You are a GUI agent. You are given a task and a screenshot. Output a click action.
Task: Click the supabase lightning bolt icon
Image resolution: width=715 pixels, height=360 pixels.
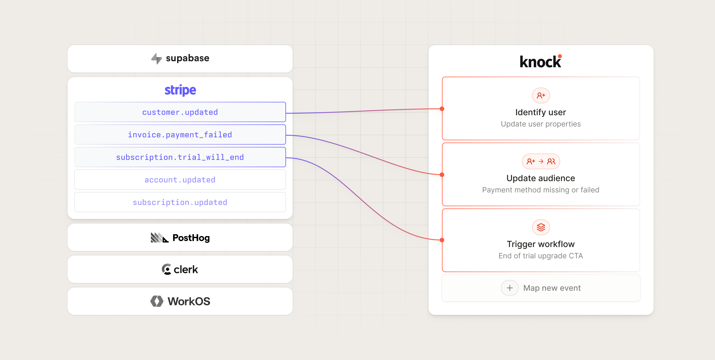coord(157,59)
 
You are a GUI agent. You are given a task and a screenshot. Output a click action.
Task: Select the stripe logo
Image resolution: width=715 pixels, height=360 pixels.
coord(180,90)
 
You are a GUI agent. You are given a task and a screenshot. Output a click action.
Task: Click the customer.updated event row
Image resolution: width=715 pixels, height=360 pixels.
coord(180,112)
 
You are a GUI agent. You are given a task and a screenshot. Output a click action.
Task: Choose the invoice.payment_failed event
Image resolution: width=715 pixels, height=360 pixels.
coord(180,135)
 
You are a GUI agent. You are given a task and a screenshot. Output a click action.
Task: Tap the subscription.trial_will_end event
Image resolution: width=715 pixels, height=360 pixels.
coord(180,157)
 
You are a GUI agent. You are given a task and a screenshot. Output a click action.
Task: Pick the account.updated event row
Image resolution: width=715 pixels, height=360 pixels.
coord(180,180)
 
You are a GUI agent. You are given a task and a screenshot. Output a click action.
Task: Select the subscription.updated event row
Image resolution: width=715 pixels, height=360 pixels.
coord(180,202)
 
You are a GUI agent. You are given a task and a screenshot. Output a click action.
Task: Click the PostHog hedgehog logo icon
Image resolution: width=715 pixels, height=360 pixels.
coord(160,238)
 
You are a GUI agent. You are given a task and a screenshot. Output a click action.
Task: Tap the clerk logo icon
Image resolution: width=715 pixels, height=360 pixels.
coord(166,269)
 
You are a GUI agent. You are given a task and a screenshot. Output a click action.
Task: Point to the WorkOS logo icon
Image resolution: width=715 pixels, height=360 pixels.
coord(157,301)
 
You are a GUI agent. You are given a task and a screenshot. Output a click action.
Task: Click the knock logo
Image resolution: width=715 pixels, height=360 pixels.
coord(541,61)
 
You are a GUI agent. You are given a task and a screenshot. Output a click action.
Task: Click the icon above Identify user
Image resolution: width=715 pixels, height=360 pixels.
coord(541,96)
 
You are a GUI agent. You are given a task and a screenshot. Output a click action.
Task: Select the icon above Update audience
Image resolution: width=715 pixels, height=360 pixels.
coord(541,161)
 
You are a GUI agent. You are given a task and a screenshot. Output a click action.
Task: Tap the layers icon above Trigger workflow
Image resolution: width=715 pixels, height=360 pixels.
coord(541,227)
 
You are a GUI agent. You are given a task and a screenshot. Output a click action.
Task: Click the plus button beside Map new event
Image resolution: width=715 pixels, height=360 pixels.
coord(510,288)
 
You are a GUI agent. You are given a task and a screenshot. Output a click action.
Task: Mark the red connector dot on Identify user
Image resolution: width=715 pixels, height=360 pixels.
coord(442,109)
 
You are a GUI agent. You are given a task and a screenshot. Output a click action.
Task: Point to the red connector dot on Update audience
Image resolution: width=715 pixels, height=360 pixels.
coord(442,175)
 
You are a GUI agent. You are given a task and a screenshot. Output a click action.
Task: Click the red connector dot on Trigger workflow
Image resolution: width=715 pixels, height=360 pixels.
coord(442,240)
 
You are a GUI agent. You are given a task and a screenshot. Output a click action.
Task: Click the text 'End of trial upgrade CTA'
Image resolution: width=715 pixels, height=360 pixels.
coord(541,256)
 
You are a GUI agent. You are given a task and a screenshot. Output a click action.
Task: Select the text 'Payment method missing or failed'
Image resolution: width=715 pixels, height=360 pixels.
coord(541,190)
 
